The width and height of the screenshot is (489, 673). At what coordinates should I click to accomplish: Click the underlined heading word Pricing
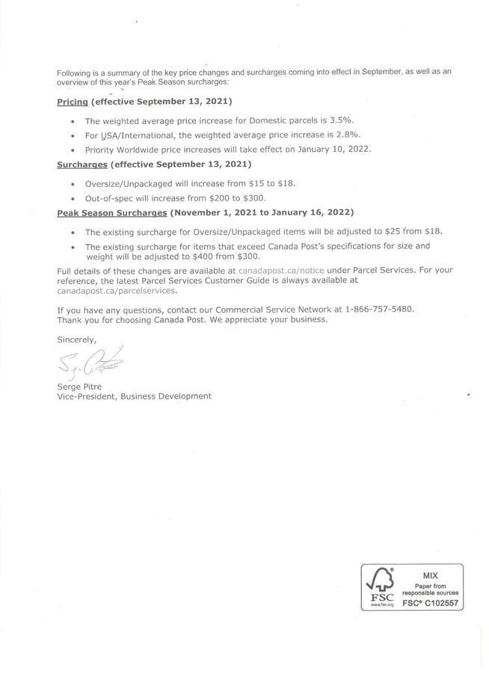(x=73, y=101)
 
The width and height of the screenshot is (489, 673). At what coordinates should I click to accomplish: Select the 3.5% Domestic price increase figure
(x=342, y=120)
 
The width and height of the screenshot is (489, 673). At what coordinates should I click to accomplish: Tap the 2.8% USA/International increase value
(x=348, y=135)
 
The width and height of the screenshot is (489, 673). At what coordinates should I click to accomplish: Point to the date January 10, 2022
(x=336, y=149)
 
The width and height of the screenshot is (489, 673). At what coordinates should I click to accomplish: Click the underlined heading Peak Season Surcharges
(x=111, y=212)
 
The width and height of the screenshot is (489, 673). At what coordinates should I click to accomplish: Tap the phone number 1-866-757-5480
(x=380, y=309)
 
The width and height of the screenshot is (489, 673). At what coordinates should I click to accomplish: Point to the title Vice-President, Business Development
(x=134, y=396)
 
